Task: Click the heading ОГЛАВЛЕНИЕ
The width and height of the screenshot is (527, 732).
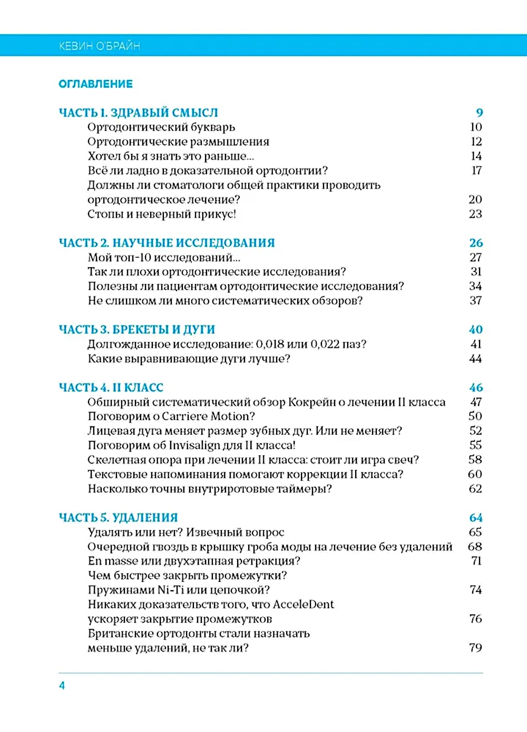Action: (95, 84)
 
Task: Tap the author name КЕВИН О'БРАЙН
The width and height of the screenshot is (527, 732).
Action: (100, 46)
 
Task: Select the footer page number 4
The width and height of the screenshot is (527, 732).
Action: (62, 685)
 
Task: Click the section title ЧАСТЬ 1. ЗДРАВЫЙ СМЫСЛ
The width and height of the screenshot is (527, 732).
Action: (138, 112)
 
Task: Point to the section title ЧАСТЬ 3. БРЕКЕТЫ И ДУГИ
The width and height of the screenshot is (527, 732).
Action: (137, 329)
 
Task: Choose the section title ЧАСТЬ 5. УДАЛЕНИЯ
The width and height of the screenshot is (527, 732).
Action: (119, 518)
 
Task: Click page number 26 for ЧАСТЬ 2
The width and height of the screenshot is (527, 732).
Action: (476, 243)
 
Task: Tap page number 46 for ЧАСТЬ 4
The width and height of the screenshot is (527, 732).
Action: (476, 387)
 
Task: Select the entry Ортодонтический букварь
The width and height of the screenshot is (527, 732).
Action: (161, 127)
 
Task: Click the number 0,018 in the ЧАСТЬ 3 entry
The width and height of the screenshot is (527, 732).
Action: (270, 344)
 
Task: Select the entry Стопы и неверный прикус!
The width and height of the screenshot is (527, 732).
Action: (162, 214)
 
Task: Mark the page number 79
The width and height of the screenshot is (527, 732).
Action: (475, 648)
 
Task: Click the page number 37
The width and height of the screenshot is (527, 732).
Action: (475, 301)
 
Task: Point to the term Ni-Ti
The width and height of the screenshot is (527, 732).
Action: (171, 590)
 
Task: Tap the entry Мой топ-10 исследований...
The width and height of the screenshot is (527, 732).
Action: (164, 258)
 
